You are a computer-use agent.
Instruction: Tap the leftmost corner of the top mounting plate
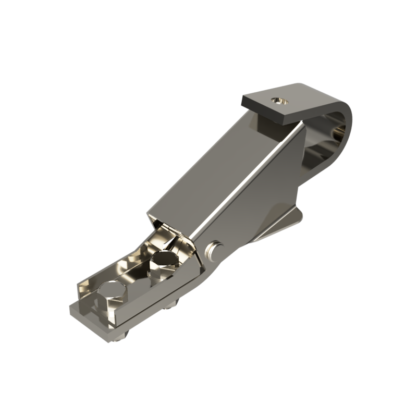pos(242,97)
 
